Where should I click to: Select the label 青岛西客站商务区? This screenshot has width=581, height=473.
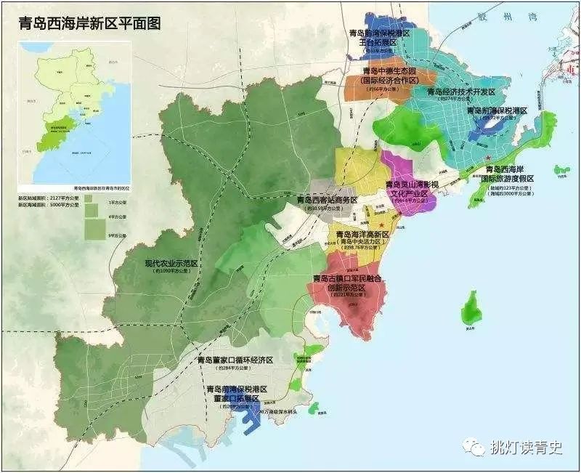[322, 200]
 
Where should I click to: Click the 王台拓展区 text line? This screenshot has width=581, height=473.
[378, 43]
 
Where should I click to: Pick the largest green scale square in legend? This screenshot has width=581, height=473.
[94, 229]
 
